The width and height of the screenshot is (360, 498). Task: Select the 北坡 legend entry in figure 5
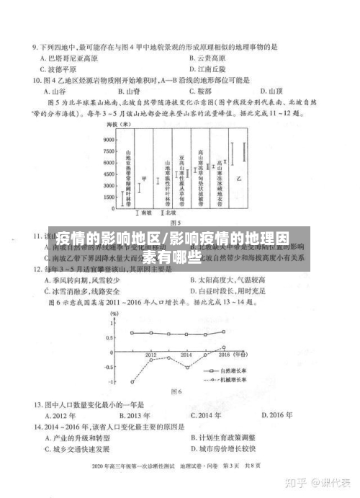pyautogui.click(x=168, y=213)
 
